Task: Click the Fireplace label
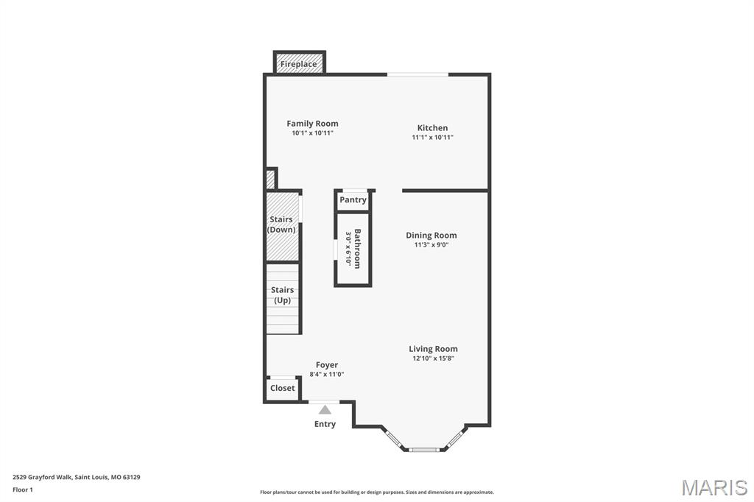pos(299,64)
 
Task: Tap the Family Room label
pos(312,124)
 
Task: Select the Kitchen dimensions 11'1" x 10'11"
pos(432,137)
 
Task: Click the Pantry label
pos(353,200)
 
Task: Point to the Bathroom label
pos(358,249)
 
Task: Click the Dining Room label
pos(431,236)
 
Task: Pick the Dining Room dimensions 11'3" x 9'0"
pos(431,245)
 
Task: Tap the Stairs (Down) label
pos(281,225)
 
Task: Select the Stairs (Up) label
pos(282,295)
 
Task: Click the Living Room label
pos(433,349)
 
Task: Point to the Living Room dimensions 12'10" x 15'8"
pos(433,358)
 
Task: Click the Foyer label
pos(327,365)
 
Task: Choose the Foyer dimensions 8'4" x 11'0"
pos(327,375)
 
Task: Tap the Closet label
pos(282,388)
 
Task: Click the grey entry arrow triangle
pos(325,409)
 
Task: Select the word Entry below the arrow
pos(325,424)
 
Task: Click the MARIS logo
pos(714,487)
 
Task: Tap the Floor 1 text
pos(23,489)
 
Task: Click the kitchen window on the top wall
pos(417,74)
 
